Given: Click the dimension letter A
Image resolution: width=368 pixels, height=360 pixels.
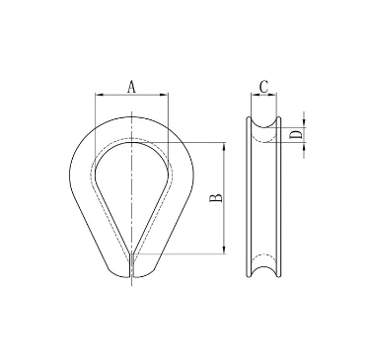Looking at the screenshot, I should point(131,86).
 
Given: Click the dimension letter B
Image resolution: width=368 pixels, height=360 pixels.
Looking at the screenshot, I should point(216,199).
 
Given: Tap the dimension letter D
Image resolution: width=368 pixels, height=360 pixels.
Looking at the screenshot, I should point(294,135).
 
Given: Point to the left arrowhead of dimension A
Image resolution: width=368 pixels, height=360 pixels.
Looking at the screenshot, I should point(98,95).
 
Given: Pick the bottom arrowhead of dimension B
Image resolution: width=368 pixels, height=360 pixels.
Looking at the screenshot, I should point(226,252).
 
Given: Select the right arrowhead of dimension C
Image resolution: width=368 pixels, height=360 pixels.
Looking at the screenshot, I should point(277,96).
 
